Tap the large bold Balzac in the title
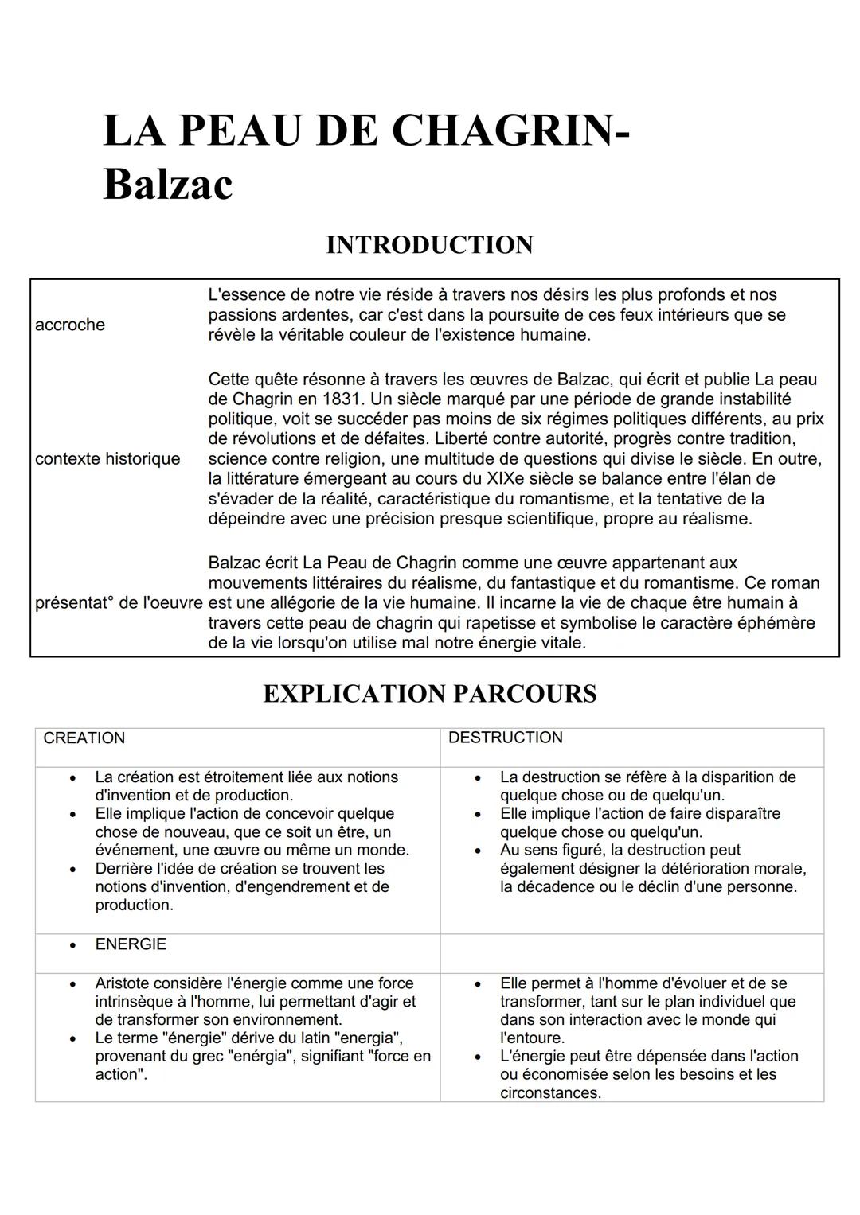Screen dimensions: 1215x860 click(168, 185)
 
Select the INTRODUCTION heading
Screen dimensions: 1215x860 click(429, 245)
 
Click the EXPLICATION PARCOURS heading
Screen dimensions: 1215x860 click(429, 694)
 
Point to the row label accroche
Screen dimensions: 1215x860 click(70, 325)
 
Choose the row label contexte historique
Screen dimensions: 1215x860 click(107, 459)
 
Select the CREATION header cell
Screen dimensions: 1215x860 click(84, 738)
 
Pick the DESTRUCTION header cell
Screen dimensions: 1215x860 click(505, 738)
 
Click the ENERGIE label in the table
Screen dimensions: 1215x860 click(131, 944)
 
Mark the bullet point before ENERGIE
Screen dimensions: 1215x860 click(73, 945)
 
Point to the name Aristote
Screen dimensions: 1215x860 click(122, 983)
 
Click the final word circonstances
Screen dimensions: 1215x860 click(549, 1093)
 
